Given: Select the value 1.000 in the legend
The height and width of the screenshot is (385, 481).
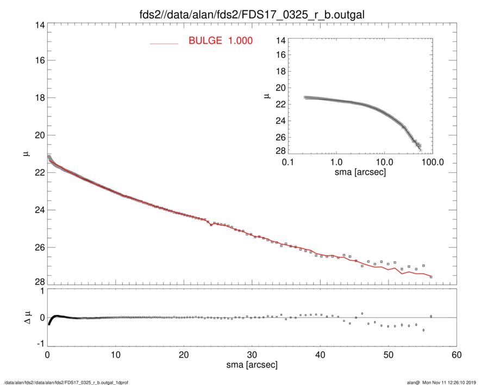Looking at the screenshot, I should click(240, 41).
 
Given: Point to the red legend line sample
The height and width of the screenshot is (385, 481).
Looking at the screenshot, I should click(164, 43).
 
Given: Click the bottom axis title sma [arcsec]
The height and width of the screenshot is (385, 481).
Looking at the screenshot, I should click(252, 365).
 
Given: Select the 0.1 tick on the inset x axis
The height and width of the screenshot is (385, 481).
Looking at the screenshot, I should click(288, 162).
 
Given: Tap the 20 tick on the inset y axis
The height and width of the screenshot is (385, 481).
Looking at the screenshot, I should click(280, 87).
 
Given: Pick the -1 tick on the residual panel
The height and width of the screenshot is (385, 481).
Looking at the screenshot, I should click(39, 344).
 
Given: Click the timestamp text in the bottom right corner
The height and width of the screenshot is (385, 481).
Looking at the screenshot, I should click(445, 382).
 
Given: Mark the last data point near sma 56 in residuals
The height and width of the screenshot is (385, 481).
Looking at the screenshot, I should click(431, 316).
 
